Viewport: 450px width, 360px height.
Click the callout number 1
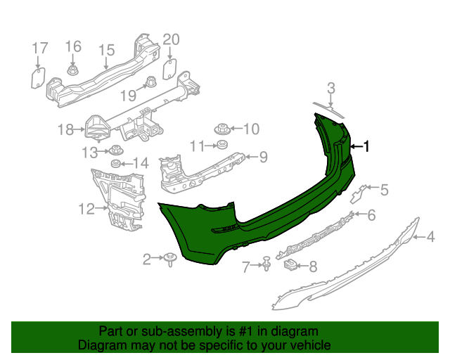[366, 146]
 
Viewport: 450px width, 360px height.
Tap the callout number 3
[330, 89]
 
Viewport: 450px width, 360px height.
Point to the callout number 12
[86, 208]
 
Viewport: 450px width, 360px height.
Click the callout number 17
[40, 49]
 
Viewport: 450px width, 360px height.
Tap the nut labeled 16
[73, 70]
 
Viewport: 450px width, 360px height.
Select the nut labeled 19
[149, 83]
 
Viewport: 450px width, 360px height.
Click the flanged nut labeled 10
[222, 129]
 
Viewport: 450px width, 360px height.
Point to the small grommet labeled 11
[221, 146]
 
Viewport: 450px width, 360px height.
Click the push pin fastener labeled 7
[268, 264]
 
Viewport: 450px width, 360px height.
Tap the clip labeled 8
[290, 265]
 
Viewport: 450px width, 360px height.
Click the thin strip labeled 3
[329, 108]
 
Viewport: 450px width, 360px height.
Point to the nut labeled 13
[113, 150]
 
